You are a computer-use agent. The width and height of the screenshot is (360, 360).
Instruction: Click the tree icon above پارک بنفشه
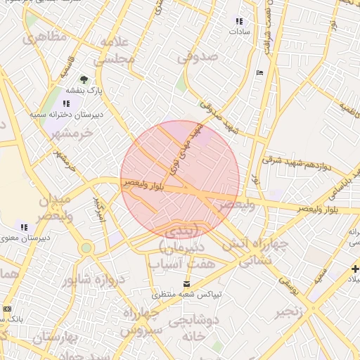[x=84, y=79]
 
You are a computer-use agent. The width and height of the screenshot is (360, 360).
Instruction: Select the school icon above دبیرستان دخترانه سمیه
[x=67, y=103]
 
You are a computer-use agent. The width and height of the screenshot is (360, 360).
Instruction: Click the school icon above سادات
[x=239, y=22]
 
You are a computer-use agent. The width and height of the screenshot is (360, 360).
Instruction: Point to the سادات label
[x=239, y=32]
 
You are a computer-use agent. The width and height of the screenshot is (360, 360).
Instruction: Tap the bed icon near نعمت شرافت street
[x=260, y=72]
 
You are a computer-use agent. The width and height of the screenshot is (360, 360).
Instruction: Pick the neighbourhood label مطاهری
[x=44, y=35]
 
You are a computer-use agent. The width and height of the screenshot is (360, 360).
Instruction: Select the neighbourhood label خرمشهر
[x=72, y=133]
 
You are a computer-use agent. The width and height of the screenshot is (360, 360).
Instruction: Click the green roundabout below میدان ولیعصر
[x=86, y=247]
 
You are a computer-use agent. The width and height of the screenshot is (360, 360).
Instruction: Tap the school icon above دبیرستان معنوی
[x=23, y=227]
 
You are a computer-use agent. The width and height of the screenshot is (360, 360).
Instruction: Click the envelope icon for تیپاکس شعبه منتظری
[x=186, y=285]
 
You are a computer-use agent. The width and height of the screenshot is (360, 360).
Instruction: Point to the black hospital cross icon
[x=355, y=268]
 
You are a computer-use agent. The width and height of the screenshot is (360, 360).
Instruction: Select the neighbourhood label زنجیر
[x=290, y=311]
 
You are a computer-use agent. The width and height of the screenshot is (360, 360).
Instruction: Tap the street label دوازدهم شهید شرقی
[x=296, y=162]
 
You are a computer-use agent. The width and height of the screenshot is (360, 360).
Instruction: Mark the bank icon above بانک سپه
[x=8, y=309]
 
